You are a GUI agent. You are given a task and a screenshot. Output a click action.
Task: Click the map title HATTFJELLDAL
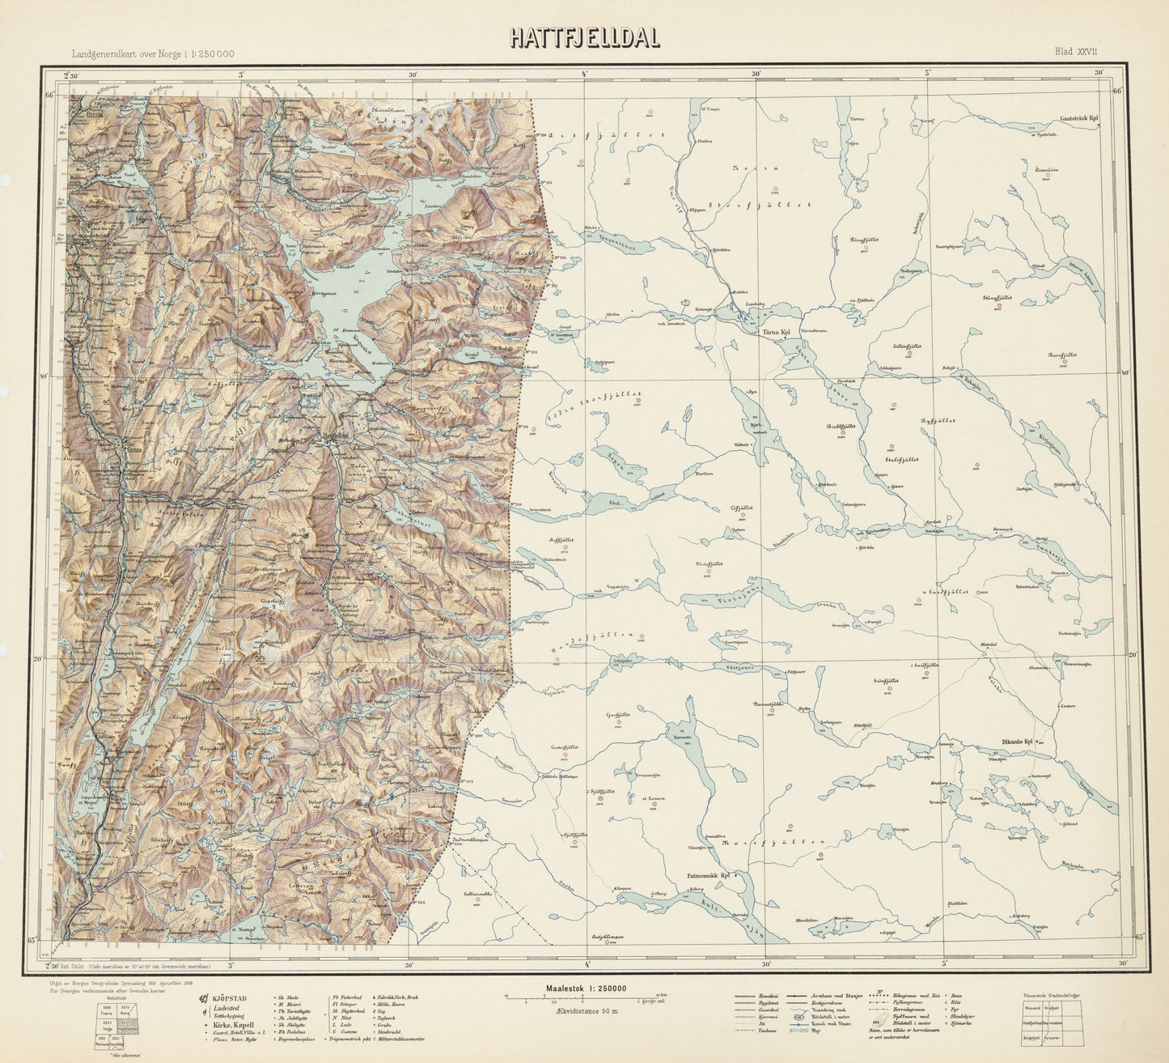[584, 38]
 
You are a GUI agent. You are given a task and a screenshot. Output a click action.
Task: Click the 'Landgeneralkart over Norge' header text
[154, 53]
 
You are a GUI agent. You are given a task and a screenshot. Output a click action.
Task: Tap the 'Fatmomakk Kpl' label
[709, 875]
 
